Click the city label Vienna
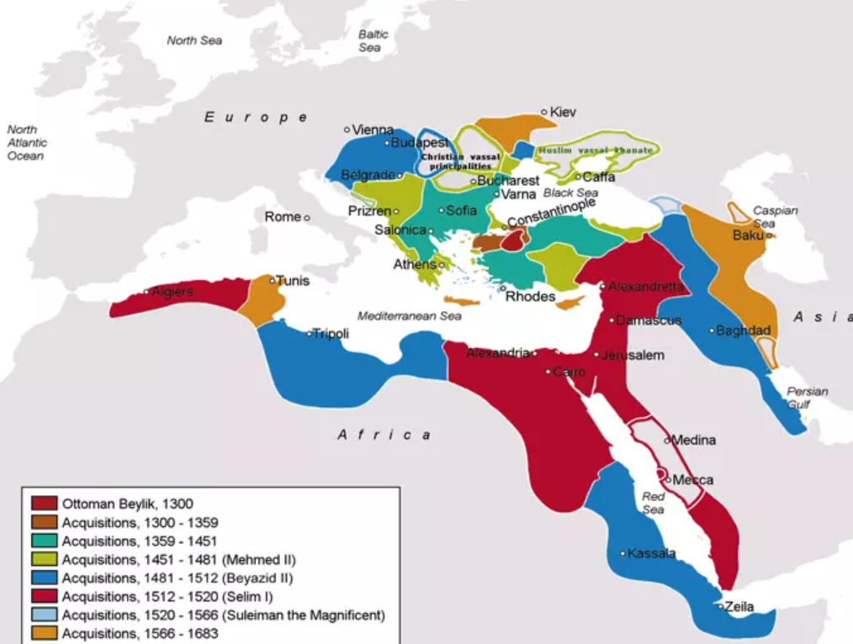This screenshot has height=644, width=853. tap(374, 129)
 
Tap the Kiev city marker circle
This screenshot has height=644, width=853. tap(544, 112)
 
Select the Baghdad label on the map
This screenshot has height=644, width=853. tap(744, 330)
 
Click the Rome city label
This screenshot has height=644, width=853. tap(283, 217)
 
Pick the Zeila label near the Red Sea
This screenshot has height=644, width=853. tap(739, 607)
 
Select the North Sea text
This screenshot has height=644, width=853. tap(193, 40)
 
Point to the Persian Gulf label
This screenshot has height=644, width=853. tap(808, 397)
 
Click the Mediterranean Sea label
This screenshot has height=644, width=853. tap(410, 316)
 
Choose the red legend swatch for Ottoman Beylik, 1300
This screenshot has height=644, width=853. tap(44, 504)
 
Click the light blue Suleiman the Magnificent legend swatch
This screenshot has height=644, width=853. tap(44, 615)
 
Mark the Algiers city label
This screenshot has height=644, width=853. tap(172, 292)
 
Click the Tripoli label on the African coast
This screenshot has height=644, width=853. tap(331, 333)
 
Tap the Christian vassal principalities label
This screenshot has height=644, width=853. tap(460, 161)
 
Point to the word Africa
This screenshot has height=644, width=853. tap(384, 435)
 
